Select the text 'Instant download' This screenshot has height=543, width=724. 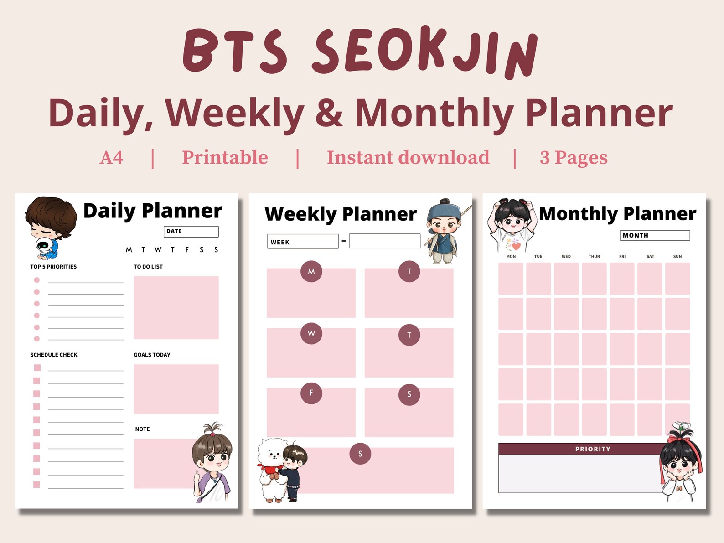click(x=408, y=158)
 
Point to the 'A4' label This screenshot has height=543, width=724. click(x=111, y=158)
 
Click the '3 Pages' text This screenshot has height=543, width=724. click(x=573, y=158)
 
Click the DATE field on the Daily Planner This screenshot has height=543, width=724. click(x=191, y=232)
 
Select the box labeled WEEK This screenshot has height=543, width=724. click(x=303, y=242)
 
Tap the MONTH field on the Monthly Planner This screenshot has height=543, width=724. click(x=654, y=235)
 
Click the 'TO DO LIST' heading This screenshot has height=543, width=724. click(x=148, y=267)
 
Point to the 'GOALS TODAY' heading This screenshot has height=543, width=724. click(x=152, y=355)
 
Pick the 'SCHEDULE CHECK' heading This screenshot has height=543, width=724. click(x=54, y=355)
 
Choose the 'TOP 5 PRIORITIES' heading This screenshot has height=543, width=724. click(x=53, y=267)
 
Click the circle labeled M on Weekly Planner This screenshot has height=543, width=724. click(x=311, y=272)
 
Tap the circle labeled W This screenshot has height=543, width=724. click(x=311, y=333)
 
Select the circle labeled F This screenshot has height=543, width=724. click(x=311, y=393)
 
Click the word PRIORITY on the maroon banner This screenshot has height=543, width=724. click(x=592, y=449)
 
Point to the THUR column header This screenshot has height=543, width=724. click(x=594, y=257)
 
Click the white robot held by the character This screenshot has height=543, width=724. click(x=43, y=247)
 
